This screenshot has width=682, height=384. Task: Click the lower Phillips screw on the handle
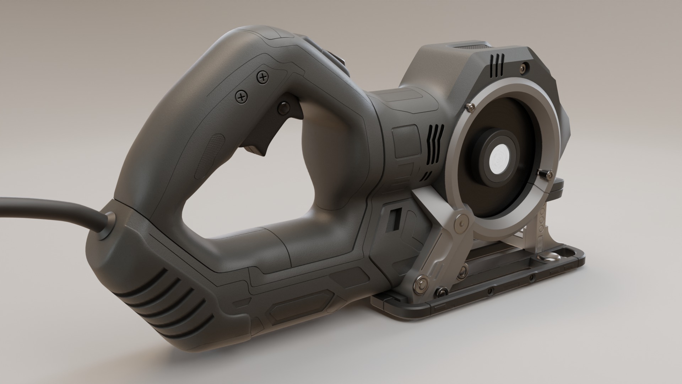242,96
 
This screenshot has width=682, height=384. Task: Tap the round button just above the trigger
284,106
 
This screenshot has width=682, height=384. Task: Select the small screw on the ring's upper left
471,106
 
